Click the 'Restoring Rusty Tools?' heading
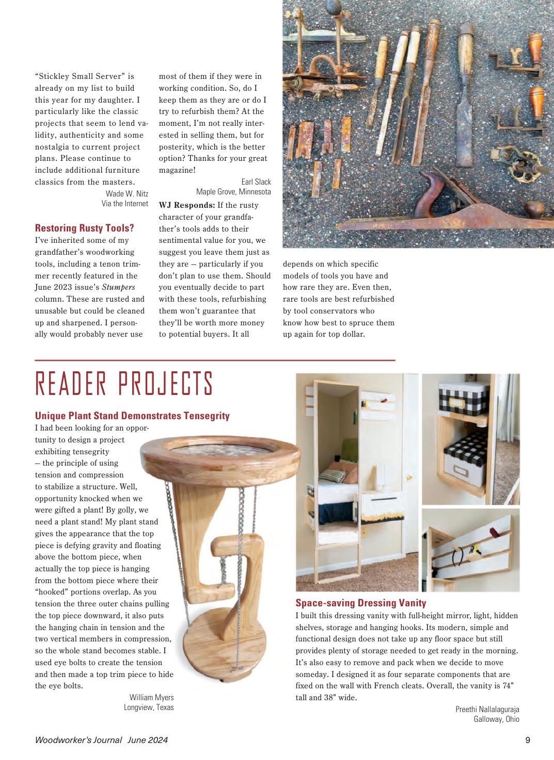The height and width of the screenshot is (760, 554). (x=84, y=228)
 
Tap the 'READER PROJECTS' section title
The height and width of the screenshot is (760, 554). (x=124, y=384)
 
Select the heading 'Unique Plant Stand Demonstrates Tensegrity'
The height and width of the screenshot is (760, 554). (x=132, y=416)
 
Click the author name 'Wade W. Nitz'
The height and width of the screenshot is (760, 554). (x=126, y=193)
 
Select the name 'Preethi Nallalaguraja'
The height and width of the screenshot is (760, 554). (x=487, y=709)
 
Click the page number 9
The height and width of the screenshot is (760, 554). (x=528, y=740)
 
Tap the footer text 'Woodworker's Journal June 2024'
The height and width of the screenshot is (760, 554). (x=101, y=740)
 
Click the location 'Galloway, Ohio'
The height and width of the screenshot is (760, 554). (x=496, y=719)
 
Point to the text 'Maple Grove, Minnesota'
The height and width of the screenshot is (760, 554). (x=233, y=192)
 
